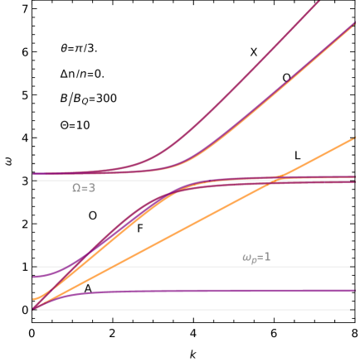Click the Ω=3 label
84,188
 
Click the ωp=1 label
256,258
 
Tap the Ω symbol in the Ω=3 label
76,188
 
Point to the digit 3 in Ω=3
92,188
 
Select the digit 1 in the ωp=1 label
267,258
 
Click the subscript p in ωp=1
252,260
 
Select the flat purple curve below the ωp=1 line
207,291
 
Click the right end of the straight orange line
354,138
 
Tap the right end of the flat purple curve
357,291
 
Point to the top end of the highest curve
319,2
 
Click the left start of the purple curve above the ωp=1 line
34,277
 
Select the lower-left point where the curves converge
35,308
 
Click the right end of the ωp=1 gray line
349,267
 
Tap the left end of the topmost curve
33,174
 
